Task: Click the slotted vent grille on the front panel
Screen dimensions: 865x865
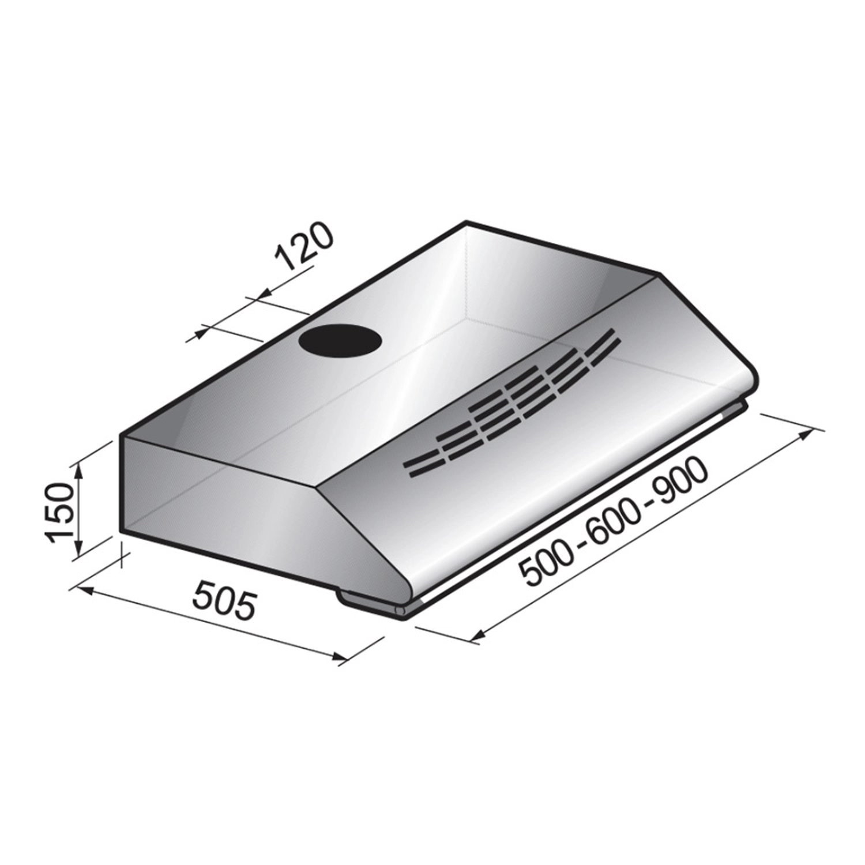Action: pyautogui.click(x=513, y=404)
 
